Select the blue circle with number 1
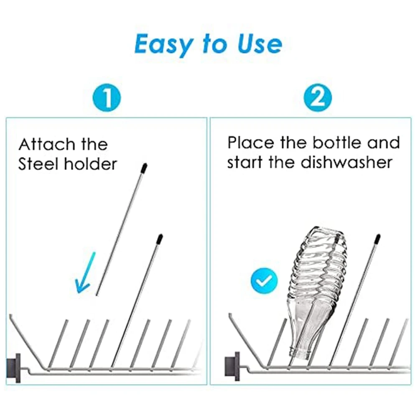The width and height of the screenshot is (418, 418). pyautogui.click(x=107, y=98)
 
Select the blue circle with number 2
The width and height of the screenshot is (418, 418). pyautogui.click(x=318, y=98)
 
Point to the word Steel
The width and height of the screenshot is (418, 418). pyautogui.click(x=38, y=164)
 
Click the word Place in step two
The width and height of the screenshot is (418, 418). pyautogui.click(x=250, y=143)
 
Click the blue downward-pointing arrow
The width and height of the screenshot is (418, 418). pyautogui.click(x=85, y=274)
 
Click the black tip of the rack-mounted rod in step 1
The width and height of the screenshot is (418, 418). pyautogui.click(x=159, y=239)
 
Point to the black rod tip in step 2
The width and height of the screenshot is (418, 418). pyautogui.click(x=377, y=239)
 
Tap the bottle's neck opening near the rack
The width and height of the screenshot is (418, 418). pyautogui.click(x=300, y=353)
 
